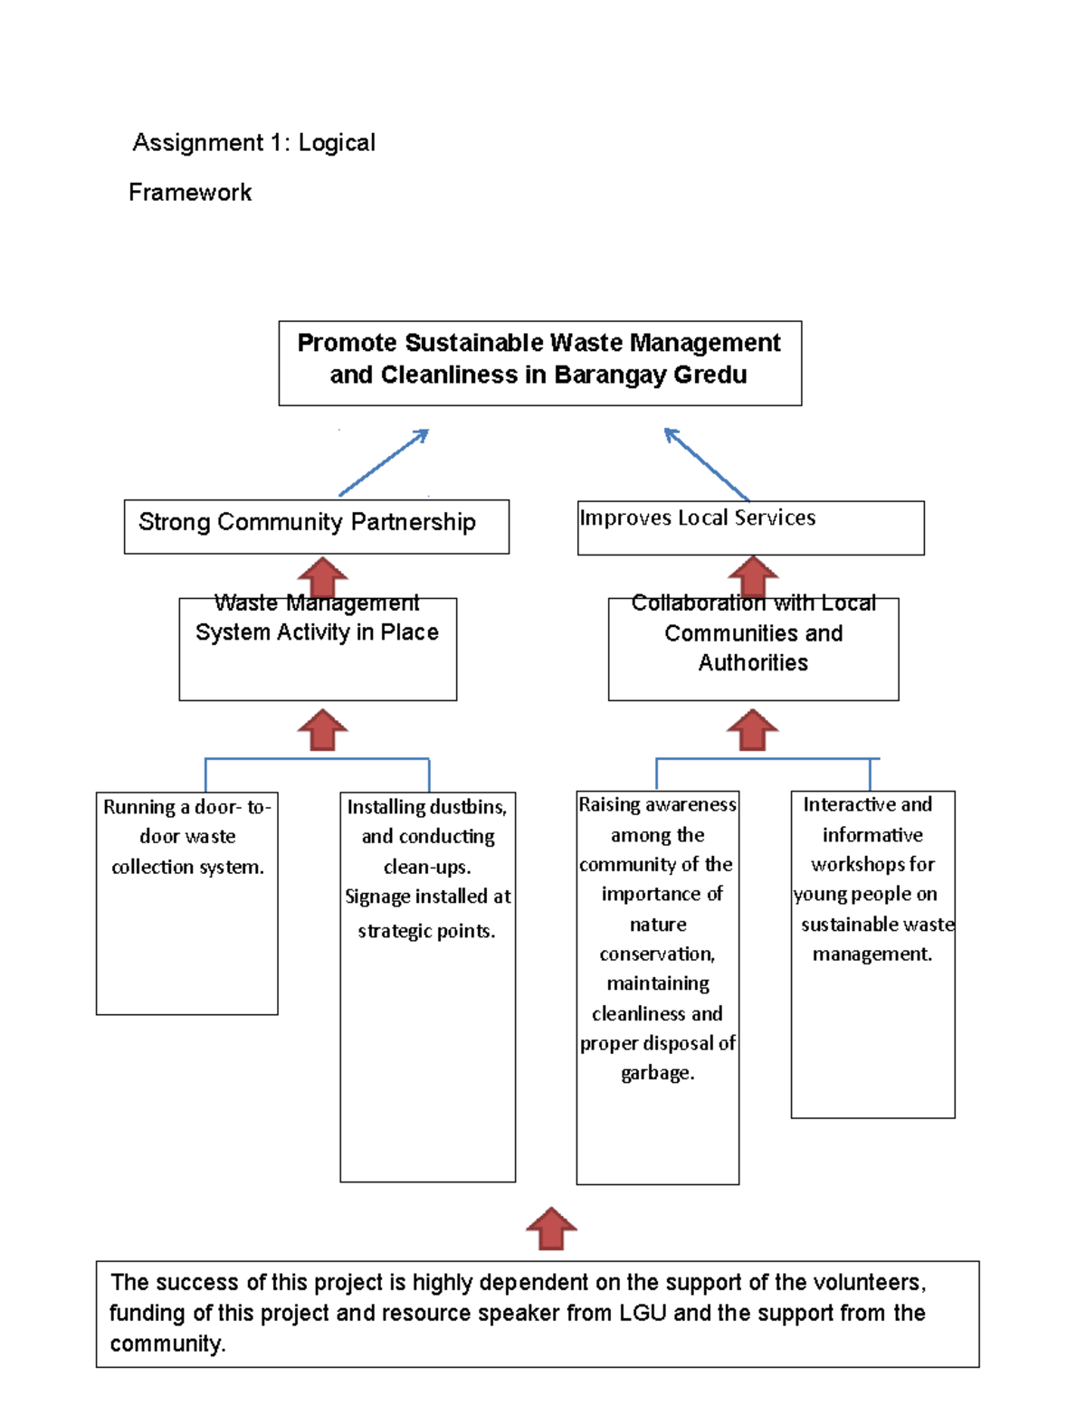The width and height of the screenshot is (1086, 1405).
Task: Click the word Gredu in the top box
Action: click(710, 375)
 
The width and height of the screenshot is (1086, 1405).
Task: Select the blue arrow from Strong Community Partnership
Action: click(384, 462)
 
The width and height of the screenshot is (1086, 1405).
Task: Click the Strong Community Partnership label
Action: click(307, 522)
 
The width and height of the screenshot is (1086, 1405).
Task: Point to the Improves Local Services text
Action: click(697, 517)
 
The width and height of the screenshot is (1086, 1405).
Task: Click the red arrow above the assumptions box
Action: click(551, 1229)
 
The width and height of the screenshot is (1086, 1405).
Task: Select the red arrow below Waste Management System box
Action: click(322, 729)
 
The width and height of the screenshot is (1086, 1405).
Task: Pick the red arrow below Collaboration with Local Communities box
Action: click(752, 729)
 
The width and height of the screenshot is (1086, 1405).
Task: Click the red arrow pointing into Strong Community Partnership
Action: click(322, 576)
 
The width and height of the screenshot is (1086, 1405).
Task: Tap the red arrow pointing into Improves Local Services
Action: click(752, 575)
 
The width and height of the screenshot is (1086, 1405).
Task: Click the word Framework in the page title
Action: click(190, 193)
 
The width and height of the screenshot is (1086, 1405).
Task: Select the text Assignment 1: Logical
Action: click(254, 143)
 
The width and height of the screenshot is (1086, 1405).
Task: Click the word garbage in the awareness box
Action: click(657, 1073)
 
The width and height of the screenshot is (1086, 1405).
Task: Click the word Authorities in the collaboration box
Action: click(753, 663)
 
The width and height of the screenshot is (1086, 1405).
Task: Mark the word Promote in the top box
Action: click(347, 343)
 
